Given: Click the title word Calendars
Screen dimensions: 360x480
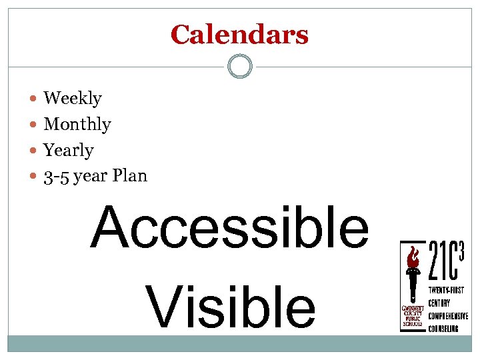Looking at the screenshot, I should click(x=239, y=35).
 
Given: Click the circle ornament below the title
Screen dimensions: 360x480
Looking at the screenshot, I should click(x=240, y=67).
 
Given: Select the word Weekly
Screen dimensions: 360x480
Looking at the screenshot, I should click(x=73, y=99).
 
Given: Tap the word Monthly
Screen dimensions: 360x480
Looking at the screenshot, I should click(x=77, y=125).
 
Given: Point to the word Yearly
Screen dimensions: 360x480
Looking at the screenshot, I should click(x=69, y=151).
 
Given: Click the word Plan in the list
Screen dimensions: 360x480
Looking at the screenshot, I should click(x=130, y=176).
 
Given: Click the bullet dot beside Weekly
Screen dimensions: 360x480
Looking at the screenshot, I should click(x=34, y=99).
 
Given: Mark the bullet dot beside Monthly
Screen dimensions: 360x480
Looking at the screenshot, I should click(x=34, y=125).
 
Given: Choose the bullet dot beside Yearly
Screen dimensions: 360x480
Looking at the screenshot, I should click(x=34, y=151).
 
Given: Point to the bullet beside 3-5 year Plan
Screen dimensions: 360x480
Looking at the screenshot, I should click(x=34, y=177).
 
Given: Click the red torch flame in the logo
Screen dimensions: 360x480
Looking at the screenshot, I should click(x=413, y=257).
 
